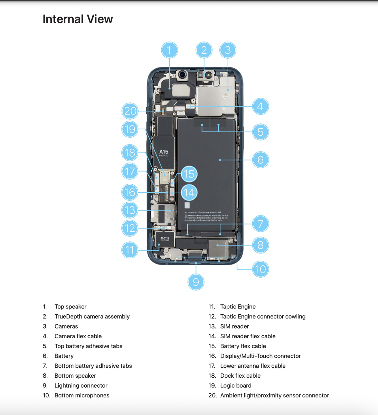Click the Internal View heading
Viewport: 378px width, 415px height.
(77, 19)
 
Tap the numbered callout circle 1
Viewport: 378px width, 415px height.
(169, 50)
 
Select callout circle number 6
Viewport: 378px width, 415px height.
(260, 160)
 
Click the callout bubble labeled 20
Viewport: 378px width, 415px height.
(130, 111)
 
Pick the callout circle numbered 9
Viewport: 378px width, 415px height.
(196, 282)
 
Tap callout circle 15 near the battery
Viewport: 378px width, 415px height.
(189, 174)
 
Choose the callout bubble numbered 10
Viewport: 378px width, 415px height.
(260, 269)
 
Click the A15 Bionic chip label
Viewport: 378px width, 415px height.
(164, 153)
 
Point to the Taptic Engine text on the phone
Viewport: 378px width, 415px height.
(165, 239)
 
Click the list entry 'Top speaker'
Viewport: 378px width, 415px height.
(70, 307)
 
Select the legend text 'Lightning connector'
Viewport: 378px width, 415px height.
(81, 386)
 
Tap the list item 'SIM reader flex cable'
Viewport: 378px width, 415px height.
(248, 336)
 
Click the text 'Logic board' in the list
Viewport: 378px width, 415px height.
(236, 386)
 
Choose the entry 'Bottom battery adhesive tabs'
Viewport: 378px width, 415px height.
(93, 366)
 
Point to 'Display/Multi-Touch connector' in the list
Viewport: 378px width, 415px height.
(260, 356)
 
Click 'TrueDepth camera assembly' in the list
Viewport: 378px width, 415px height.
(92, 316)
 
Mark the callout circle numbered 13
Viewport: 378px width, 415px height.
(130, 210)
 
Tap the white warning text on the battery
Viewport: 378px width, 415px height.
(206, 217)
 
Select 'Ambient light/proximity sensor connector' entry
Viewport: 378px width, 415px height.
(274, 395)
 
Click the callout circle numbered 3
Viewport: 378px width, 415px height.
(228, 50)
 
